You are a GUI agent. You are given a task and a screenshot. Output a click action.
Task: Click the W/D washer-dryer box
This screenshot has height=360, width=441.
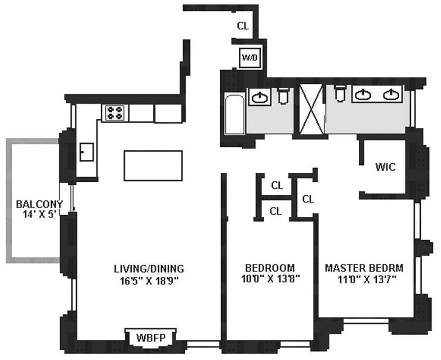tap(250, 58)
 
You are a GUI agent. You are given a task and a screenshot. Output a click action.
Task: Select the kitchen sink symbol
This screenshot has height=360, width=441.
tap(87, 152)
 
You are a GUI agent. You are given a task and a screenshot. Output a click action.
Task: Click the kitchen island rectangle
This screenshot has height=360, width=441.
tap(153, 166)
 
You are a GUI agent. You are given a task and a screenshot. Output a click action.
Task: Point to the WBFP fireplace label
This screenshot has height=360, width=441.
tap(151, 337)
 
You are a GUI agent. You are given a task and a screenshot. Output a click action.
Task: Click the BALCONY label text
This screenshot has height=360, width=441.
tap(40, 204)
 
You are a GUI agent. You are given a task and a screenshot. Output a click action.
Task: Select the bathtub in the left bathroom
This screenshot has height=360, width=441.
tap(235, 115)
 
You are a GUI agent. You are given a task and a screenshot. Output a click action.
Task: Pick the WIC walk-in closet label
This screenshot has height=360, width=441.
tap(385, 167)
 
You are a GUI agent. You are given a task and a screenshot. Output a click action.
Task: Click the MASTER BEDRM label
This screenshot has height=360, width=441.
tap(364, 268)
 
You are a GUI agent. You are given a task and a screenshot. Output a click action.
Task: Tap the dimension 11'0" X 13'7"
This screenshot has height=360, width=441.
tap(367, 279)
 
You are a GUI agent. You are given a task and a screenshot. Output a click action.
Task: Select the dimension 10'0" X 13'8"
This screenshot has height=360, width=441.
tap(271, 279)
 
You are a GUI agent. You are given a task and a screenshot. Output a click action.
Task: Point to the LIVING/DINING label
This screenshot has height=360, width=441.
tap(149, 269)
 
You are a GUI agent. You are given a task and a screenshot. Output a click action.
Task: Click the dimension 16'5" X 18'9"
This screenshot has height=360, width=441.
tap(150, 281)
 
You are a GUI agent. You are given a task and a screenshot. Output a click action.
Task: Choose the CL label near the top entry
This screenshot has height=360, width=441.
tap(243, 26)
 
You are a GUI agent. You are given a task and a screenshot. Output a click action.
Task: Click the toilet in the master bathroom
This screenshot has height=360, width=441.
tap(340, 94)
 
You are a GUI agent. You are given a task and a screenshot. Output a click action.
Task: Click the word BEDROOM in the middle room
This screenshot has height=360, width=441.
tap(270, 268)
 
